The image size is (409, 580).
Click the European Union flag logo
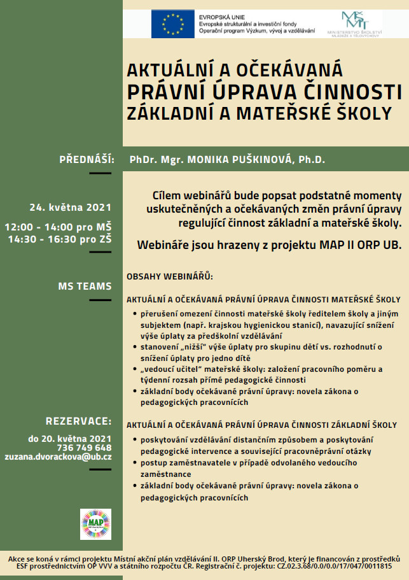pyautogui.click(x=172, y=24)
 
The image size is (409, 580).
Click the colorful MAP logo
pyautogui.click(x=95, y=524)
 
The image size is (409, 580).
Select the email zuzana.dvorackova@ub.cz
pyautogui.click(x=58, y=456)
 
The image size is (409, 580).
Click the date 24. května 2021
pyautogui.click(x=70, y=207)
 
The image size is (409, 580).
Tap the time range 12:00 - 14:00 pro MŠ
pyautogui.click(x=58, y=227)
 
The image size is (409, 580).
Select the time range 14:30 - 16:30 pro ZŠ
pyautogui.click(x=60, y=239)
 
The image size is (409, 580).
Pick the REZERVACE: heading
pyautogui.click(x=78, y=421)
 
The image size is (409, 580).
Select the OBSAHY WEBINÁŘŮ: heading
pyautogui.click(x=169, y=278)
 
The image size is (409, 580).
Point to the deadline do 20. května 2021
pyautogui.click(x=70, y=439)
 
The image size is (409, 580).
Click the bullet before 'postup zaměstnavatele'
pyautogui.click(x=135, y=462)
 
